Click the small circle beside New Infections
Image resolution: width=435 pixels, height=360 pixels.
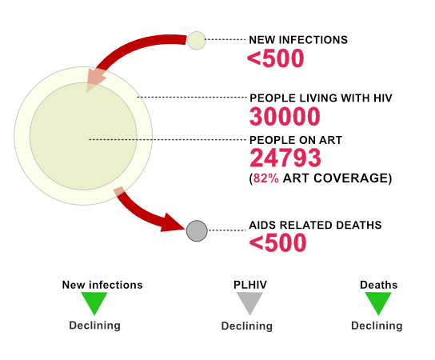tap(197, 41)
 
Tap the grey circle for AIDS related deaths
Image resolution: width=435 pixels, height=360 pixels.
tap(197, 230)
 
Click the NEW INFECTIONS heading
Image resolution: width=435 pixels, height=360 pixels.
tap(298, 40)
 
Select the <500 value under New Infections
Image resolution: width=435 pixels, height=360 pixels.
tap(276, 58)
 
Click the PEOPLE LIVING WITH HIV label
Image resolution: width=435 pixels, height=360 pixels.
tap(321, 98)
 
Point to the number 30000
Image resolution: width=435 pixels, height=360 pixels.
tap(285, 117)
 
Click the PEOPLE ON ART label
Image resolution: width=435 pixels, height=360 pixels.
tap(296, 140)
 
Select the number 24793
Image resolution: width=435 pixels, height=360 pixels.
tap(285, 158)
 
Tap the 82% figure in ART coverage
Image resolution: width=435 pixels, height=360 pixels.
tap(266, 178)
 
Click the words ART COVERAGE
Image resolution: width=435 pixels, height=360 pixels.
tap(335, 178)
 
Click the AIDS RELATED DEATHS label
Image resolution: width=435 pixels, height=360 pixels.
tap(315, 225)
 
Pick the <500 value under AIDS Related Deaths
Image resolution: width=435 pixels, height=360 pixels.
tap(277, 242)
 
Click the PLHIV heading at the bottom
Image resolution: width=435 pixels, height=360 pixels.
tap(250, 285)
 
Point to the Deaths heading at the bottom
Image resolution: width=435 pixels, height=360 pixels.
tap(379, 285)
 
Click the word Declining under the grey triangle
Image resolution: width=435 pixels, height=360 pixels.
tap(246, 326)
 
